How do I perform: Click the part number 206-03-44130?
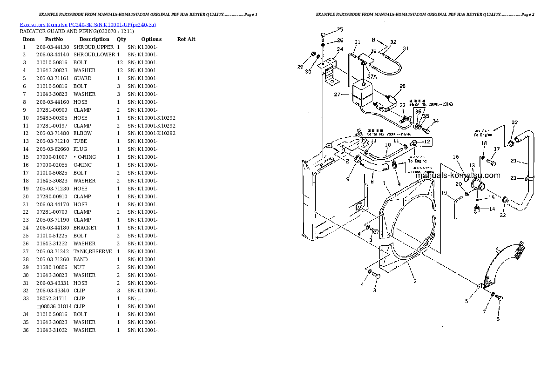tap(52, 47)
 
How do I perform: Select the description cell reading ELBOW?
tap(82, 134)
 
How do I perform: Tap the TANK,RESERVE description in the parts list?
tap(92, 251)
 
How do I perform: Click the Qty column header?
tap(121, 39)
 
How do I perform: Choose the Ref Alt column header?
tap(186, 39)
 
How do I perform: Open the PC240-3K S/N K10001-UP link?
tap(112, 24)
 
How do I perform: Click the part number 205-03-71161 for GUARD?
tap(52, 78)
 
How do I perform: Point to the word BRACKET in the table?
tap(85, 228)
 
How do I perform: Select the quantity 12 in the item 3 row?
tap(120, 63)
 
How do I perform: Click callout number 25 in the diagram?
tap(339, 29)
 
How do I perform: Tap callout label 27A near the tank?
tap(372, 76)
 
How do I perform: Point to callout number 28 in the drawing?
tap(402, 86)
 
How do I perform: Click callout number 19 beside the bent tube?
tap(444, 193)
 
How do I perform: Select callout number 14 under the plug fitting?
tap(492, 209)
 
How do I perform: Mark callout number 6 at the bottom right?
tap(497, 319)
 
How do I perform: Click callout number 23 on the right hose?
tap(513, 178)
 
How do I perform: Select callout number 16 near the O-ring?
tap(456, 157)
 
